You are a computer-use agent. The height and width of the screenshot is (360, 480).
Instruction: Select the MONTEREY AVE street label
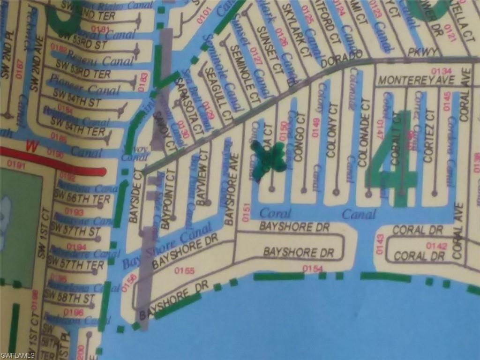click(416, 80)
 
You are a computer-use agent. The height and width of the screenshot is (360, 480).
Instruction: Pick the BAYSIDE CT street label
click(137, 196)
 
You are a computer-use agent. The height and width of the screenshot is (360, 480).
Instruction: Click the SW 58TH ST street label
click(68, 298)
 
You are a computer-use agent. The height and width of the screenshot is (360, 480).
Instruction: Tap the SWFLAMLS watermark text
click(18, 355)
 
